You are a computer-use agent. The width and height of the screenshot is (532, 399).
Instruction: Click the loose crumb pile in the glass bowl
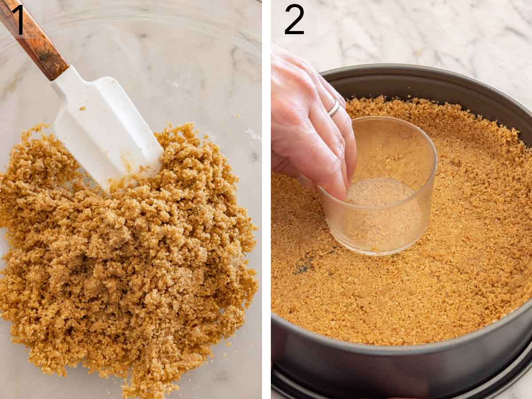[133, 266]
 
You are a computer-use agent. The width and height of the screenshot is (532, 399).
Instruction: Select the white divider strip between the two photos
[266, 199]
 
